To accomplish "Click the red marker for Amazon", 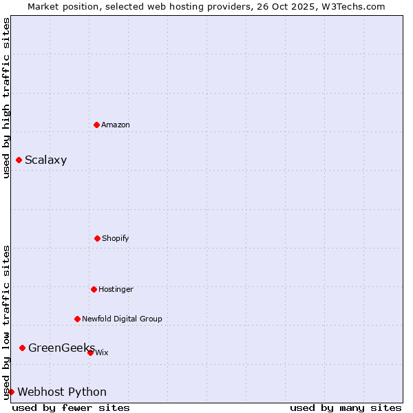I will (x=96, y=125).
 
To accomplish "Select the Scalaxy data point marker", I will (x=19, y=160).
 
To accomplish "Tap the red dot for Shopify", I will (x=97, y=238).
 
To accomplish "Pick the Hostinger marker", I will (x=94, y=289).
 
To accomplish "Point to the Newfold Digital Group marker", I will (x=77, y=319).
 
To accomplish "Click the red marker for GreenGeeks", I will (x=22, y=348).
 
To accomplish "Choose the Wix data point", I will (x=90, y=352).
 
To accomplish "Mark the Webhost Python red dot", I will (x=11, y=392).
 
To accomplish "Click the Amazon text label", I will (x=116, y=125).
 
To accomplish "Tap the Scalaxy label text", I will (x=46, y=160).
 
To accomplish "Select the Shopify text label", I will (x=116, y=238).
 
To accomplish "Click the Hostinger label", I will (x=116, y=289).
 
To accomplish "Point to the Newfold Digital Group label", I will (x=123, y=319).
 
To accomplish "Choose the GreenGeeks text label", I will (x=61, y=348).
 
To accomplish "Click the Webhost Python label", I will (x=62, y=392).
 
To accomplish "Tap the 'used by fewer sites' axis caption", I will (x=71, y=407).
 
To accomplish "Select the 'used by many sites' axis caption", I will (x=346, y=407).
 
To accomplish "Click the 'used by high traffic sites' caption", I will (x=6, y=98).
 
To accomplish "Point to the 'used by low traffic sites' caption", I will (x=6, y=322).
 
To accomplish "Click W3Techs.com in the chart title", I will (x=351, y=6).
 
